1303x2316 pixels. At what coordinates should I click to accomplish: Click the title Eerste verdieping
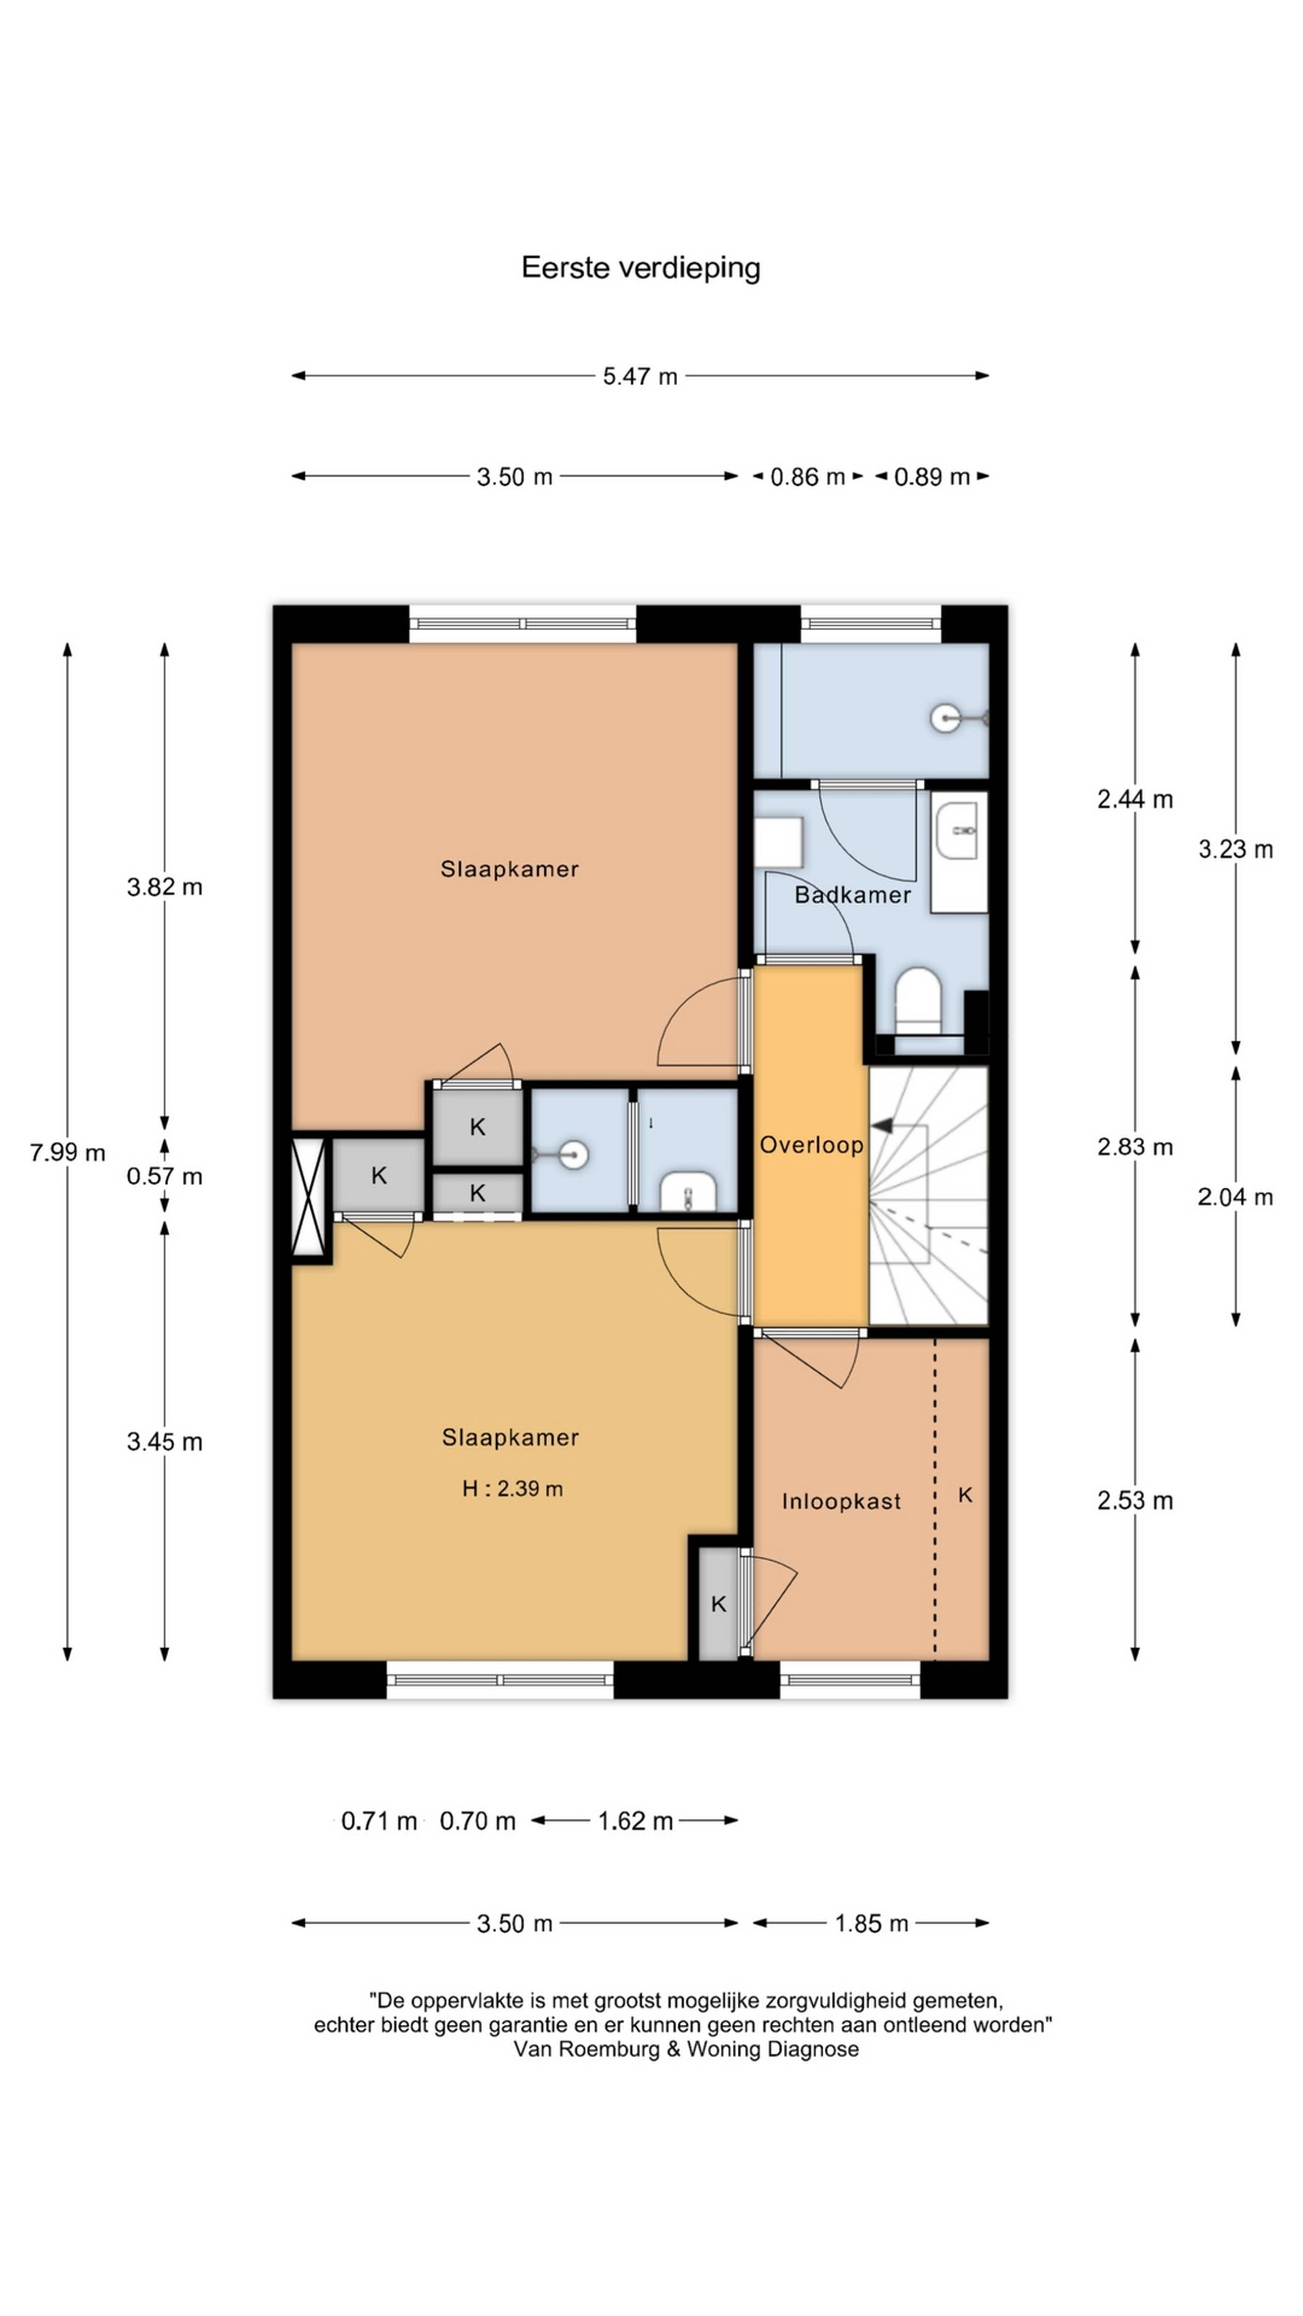click(640, 268)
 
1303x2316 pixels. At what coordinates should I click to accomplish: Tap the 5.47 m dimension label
click(639, 376)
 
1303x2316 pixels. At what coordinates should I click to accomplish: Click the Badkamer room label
click(852, 895)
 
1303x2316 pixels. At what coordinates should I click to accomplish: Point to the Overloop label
click(811, 1144)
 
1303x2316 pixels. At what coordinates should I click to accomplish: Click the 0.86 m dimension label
click(808, 476)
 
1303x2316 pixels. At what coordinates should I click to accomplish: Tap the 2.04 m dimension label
click(1235, 1197)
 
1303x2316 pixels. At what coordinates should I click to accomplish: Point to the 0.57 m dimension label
click(165, 1176)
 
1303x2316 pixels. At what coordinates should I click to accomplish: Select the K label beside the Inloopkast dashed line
click(965, 1494)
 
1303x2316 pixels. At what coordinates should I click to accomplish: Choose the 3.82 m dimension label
click(165, 887)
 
